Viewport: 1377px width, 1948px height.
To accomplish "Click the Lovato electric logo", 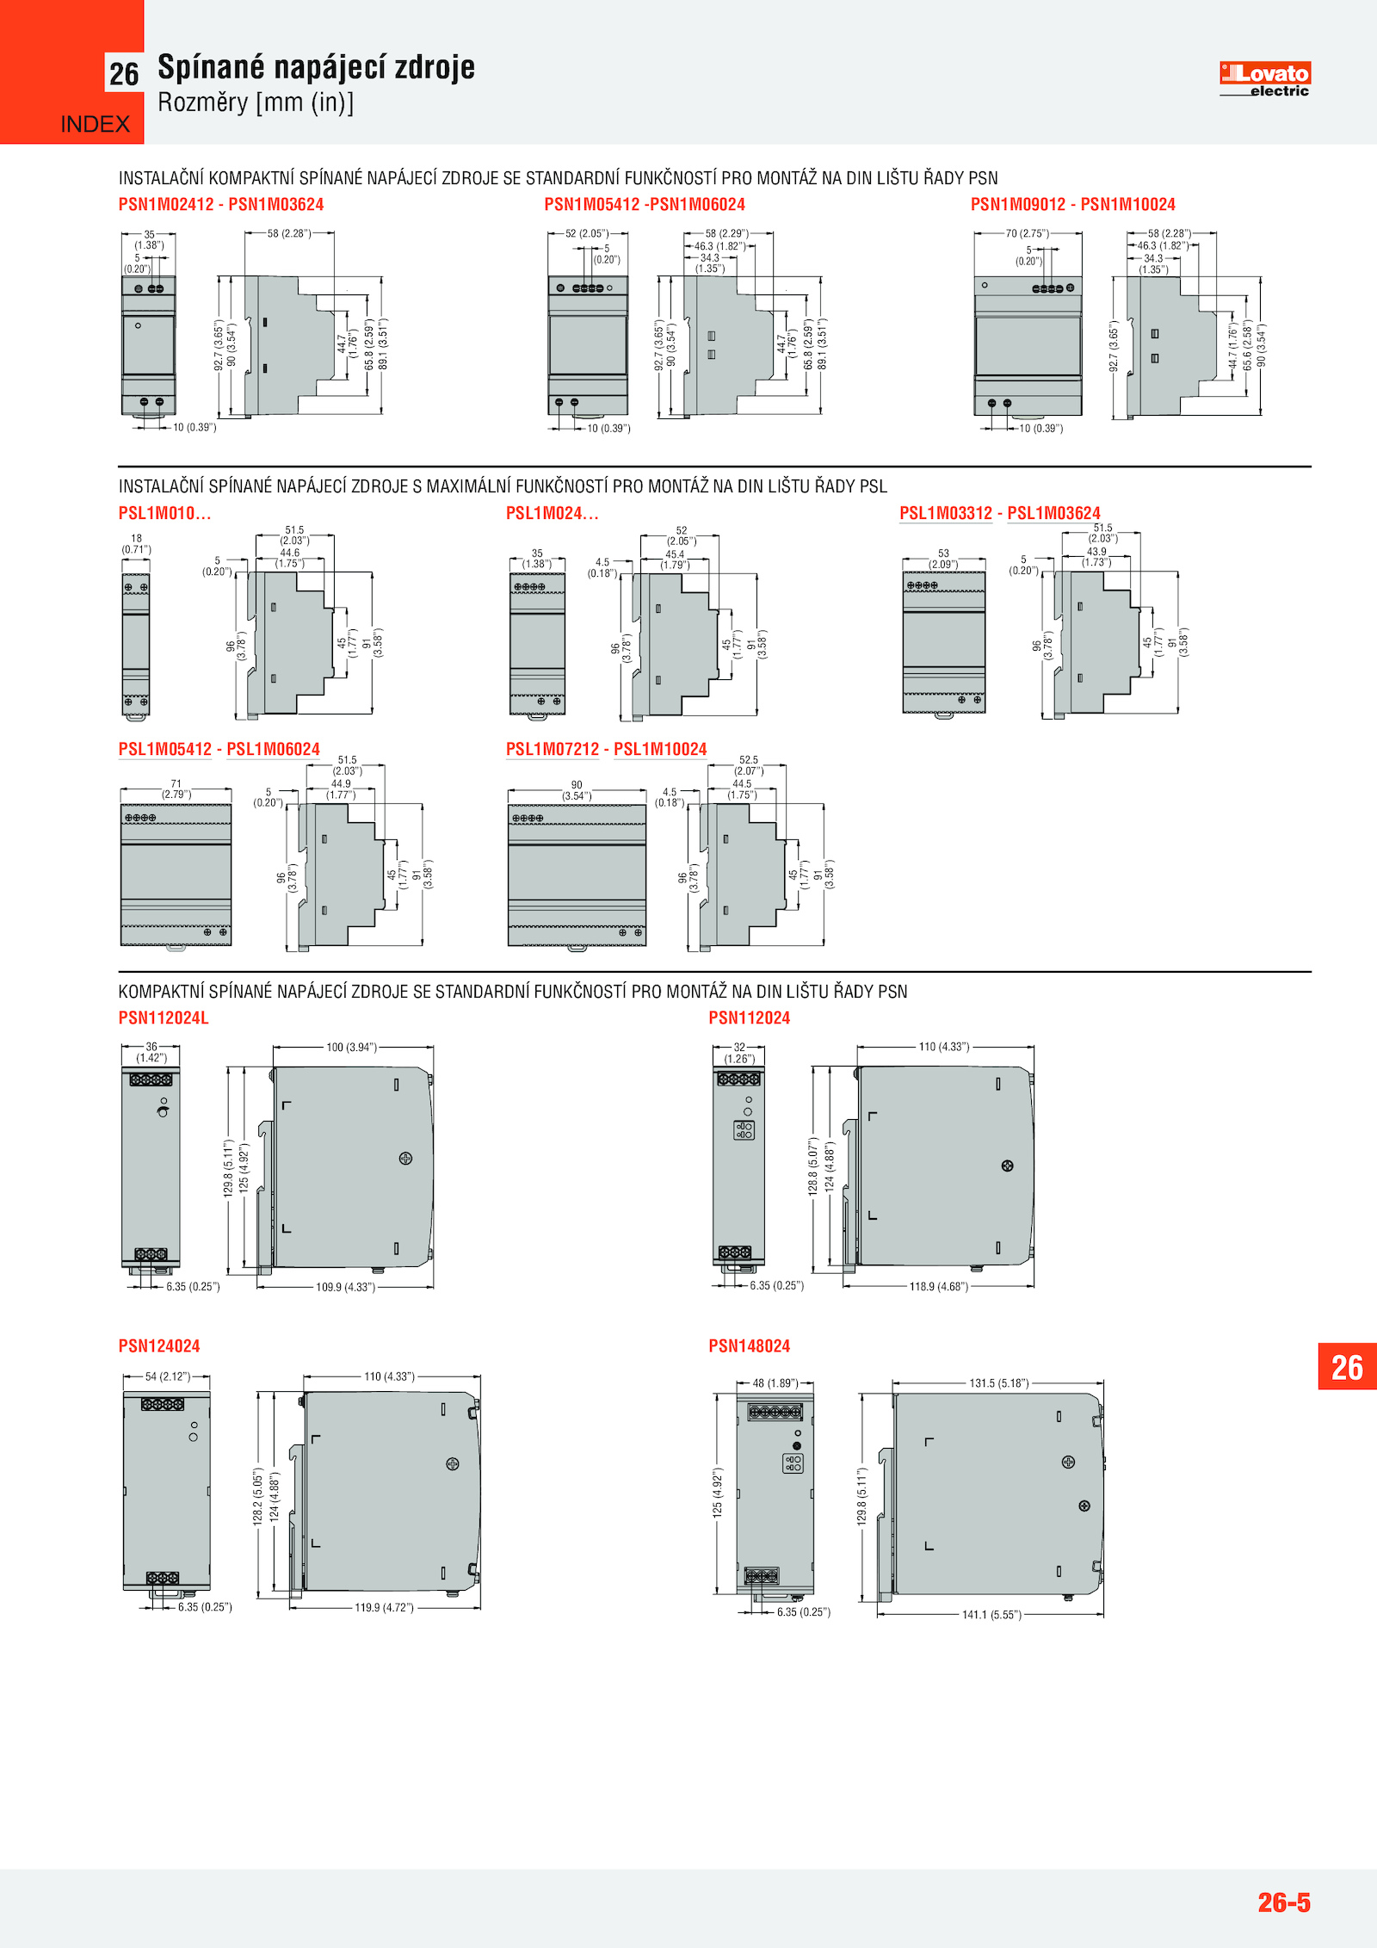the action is (x=1264, y=79).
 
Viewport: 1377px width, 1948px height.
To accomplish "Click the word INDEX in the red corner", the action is (x=96, y=125).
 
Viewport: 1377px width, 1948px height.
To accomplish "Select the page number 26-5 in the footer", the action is (x=1284, y=1902).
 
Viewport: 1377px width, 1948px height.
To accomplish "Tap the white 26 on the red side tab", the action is (x=1347, y=1367).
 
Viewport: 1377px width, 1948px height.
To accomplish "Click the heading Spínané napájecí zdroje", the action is (x=316, y=67).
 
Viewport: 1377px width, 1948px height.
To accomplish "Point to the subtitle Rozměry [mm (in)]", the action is (x=256, y=102).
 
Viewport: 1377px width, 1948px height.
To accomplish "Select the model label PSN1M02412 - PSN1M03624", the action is (x=221, y=205).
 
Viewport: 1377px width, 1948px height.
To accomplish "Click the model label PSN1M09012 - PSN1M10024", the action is (x=1073, y=205).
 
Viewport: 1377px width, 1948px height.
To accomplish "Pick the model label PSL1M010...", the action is (x=164, y=513).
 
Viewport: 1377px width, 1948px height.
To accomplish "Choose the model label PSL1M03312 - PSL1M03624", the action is (x=1000, y=513).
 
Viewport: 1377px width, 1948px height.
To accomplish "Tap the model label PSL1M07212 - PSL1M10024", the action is (x=607, y=749).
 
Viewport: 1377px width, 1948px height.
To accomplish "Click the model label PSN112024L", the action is (x=164, y=1017).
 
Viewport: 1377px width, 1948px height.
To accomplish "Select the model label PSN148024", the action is (x=749, y=1345).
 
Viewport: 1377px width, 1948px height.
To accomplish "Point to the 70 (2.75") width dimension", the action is (x=1028, y=233).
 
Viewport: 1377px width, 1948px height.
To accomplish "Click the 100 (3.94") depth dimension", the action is (x=351, y=1048).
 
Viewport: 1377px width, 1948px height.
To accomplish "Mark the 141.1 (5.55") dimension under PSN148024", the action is (x=991, y=1615).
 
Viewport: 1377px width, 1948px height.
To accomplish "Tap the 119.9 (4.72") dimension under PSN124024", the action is (x=384, y=1607).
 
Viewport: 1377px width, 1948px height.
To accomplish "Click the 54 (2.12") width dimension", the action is (x=168, y=1376).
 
